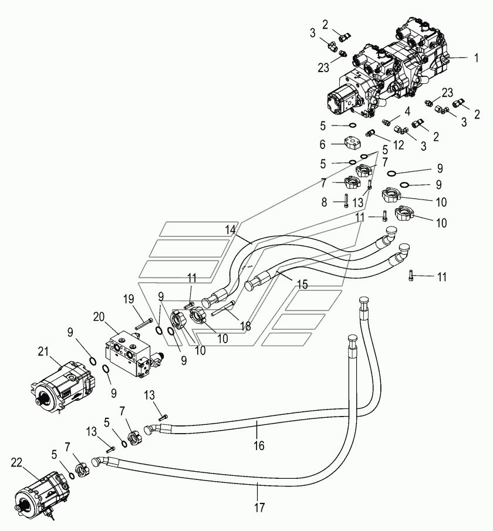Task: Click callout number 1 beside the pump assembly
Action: coord(477,58)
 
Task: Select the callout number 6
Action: coord(323,144)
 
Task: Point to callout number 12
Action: coord(398,145)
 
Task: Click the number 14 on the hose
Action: coord(230,230)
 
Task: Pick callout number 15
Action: coord(302,285)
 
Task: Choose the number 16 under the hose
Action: coord(259,446)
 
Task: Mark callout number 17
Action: coord(259,508)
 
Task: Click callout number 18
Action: coord(246,326)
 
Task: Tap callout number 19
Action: coord(129,299)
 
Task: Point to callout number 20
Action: coord(99,317)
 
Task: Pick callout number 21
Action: coord(43,351)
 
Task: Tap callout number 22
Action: coord(16,462)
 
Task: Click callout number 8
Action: coord(324,202)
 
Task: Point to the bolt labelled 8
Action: coord(346,200)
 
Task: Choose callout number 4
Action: coord(407,111)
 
